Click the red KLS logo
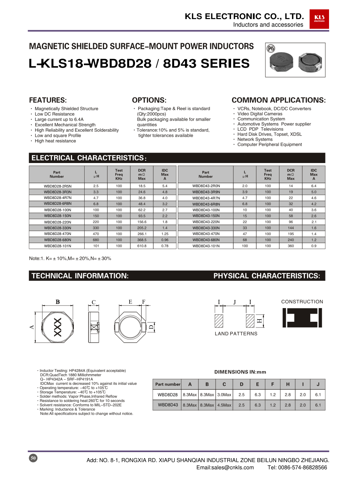coord(319,19)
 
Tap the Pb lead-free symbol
coord(271,48)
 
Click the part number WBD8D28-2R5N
coord(58,186)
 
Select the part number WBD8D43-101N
coord(206,246)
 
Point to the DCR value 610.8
coord(142,246)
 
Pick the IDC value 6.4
coord(314,186)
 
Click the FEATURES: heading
coord(48,100)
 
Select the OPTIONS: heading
coord(149,100)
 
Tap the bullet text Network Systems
coord(255,139)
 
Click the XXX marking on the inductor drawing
coord(58,327)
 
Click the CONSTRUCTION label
coord(302,302)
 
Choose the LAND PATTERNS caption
coord(236,334)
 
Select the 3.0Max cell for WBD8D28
coord(224,395)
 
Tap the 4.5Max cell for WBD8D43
coord(224,405)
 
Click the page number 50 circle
coord(33,458)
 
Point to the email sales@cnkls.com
coord(225,467)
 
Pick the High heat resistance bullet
coord(55,141)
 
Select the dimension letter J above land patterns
coord(234,302)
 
